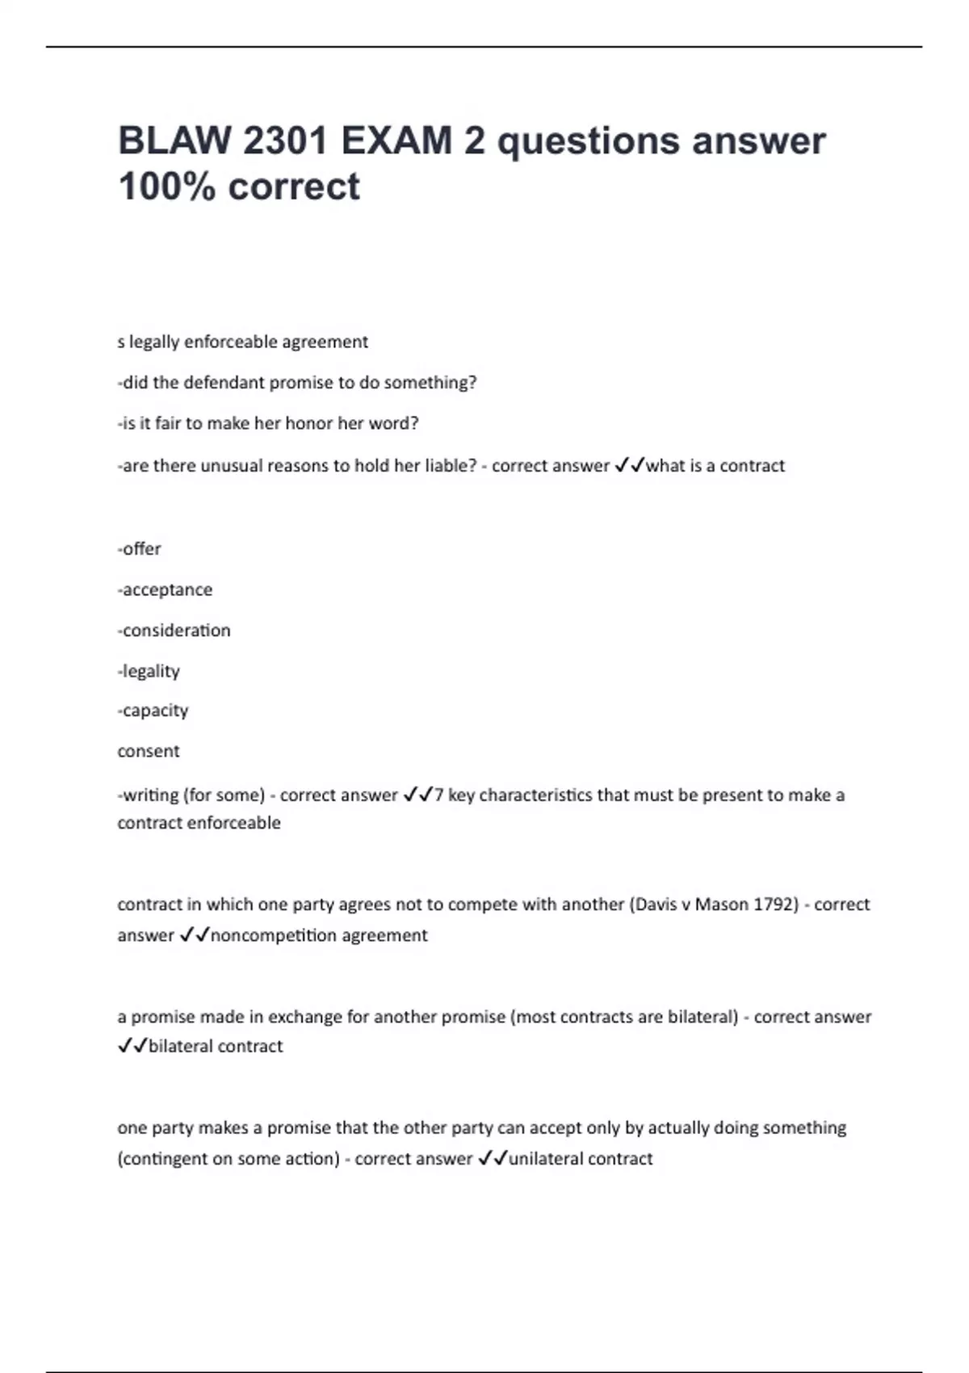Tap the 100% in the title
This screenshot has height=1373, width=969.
coord(167,187)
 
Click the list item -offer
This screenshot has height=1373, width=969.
coord(140,549)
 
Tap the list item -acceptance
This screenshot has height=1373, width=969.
coord(166,590)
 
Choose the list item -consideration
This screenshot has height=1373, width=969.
coord(174,631)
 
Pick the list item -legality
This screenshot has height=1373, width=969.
coord(149,671)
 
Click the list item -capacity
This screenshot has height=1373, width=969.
coord(153,711)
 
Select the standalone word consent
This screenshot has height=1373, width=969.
coord(149,751)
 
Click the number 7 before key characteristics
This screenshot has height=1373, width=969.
coord(438,796)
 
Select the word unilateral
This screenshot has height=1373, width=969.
coord(546,1159)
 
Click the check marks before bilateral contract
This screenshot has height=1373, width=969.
coord(132,1047)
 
